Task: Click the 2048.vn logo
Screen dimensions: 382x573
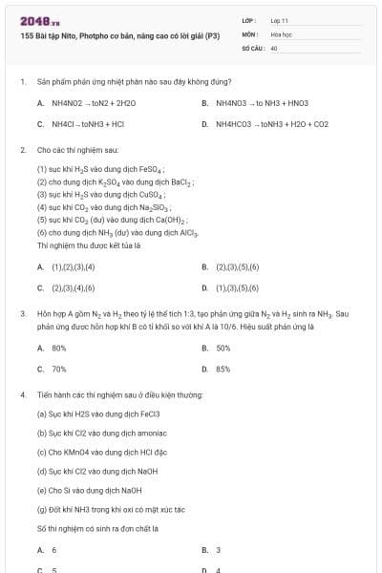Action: click(x=34, y=21)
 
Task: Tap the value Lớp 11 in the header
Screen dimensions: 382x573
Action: click(x=279, y=19)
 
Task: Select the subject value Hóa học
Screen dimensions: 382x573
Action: click(x=281, y=33)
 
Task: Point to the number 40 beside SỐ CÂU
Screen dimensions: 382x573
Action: click(x=274, y=47)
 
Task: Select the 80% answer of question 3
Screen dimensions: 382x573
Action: click(x=58, y=349)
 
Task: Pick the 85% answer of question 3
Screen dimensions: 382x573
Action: click(x=223, y=369)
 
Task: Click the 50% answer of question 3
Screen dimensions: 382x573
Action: click(x=223, y=349)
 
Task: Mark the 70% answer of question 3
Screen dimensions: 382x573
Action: click(x=58, y=369)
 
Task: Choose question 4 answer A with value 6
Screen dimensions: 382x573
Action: click(x=53, y=550)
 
